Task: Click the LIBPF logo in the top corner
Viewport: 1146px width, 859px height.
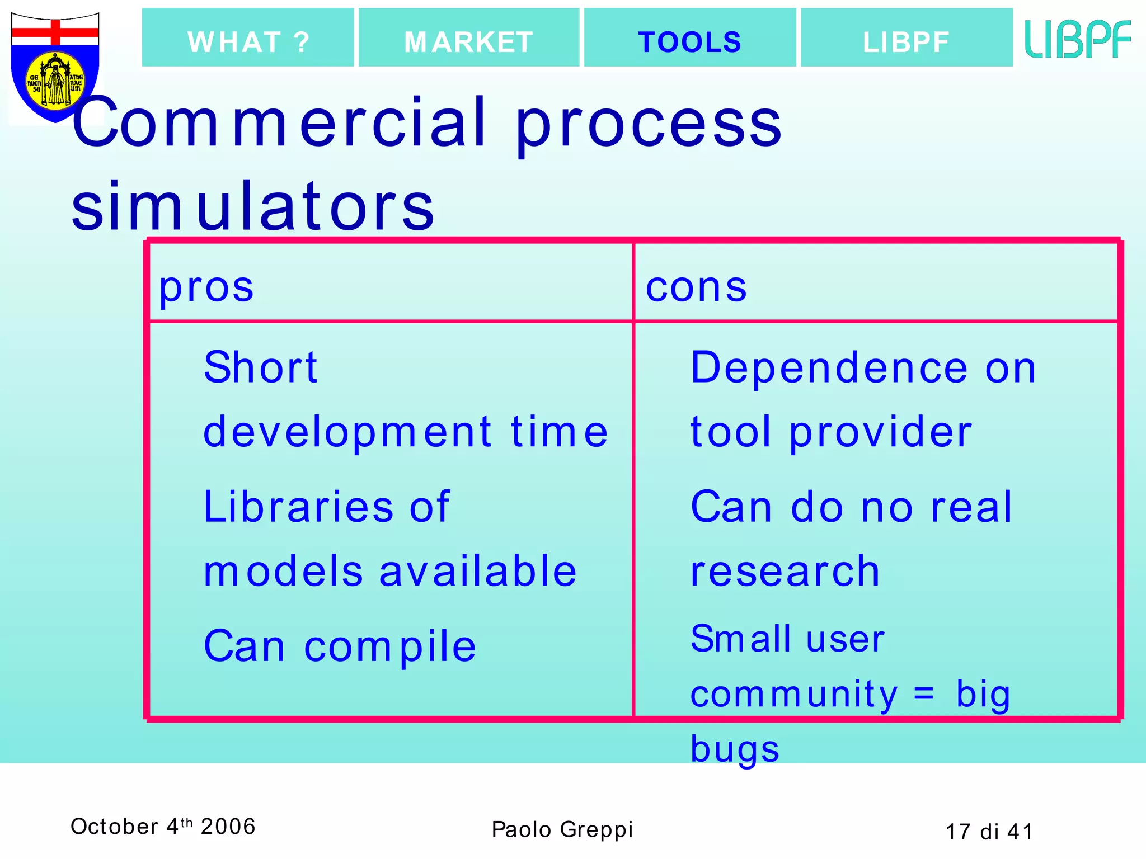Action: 1077,39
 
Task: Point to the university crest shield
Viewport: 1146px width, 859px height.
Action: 55,67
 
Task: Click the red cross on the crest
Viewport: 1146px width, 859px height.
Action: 55,32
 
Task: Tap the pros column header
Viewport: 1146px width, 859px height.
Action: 206,287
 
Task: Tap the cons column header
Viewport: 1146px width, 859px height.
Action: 696,287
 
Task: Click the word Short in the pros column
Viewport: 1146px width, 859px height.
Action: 261,367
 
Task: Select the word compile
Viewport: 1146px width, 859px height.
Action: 390,646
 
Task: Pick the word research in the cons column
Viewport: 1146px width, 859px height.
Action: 785,572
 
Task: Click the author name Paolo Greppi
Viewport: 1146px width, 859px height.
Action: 562,829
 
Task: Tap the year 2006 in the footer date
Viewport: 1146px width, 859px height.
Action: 228,827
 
